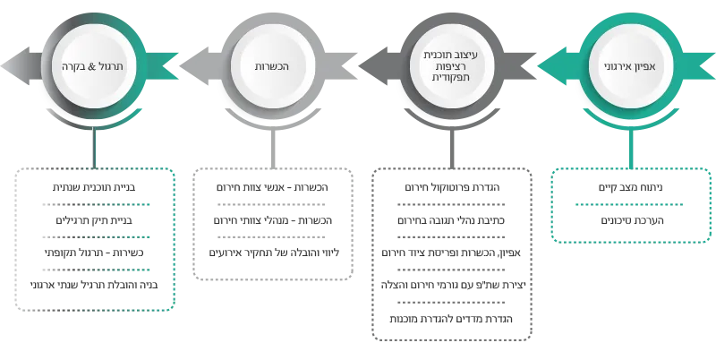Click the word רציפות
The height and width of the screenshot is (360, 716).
[x=450, y=66]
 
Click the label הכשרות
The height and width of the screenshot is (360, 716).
[x=275, y=66]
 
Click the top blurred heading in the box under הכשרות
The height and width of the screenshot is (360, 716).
[x=271, y=187]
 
